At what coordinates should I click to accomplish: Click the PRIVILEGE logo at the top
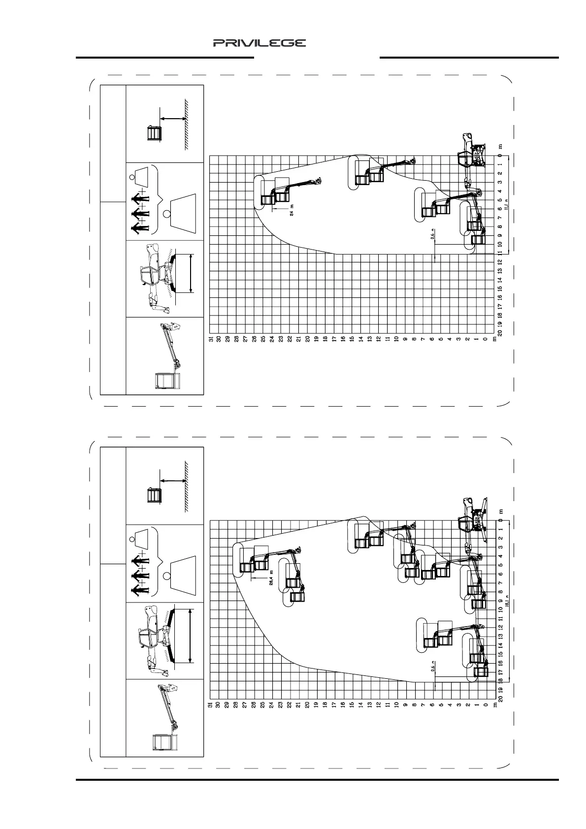(x=260, y=43)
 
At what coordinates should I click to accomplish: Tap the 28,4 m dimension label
(x=271, y=577)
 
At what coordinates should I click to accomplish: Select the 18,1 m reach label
(x=506, y=602)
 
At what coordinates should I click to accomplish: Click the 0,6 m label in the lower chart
(x=433, y=667)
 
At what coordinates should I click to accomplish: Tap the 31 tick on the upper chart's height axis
(x=210, y=339)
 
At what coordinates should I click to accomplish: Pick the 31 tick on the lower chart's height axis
(x=210, y=705)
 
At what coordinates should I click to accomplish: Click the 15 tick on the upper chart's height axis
(x=352, y=339)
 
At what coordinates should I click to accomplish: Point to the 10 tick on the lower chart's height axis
(x=396, y=705)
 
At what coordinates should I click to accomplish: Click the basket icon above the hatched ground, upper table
(x=154, y=134)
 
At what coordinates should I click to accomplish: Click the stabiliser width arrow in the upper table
(x=191, y=274)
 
